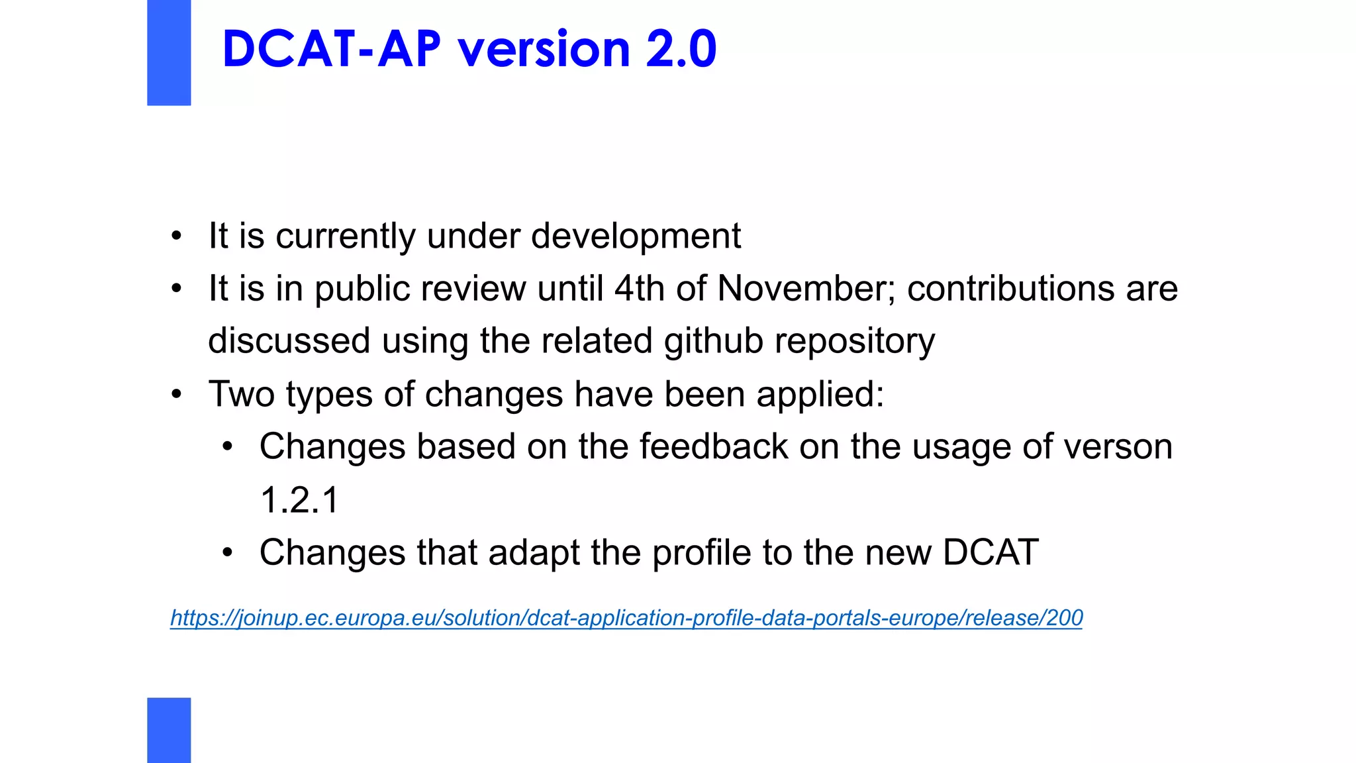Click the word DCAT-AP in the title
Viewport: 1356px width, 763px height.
[x=331, y=49]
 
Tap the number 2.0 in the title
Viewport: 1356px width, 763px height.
[x=681, y=49]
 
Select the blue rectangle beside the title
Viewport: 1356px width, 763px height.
[x=169, y=52]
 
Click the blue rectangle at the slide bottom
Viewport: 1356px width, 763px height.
[x=169, y=730]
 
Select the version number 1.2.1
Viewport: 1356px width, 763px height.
[x=299, y=499]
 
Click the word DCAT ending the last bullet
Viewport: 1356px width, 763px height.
[x=990, y=552]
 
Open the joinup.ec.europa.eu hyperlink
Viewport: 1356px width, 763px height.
[x=626, y=618]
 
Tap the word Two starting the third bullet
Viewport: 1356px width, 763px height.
[x=241, y=394]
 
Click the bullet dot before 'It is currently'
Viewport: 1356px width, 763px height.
[x=176, y=236]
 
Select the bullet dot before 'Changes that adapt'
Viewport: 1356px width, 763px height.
[x=228, y=552]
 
